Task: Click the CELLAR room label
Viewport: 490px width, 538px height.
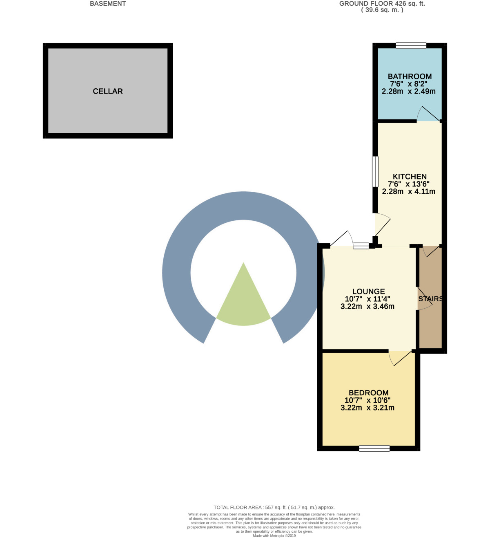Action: click(108, 91)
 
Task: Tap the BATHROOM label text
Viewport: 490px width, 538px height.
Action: click(410, 76)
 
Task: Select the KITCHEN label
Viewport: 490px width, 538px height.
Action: click(410, 177)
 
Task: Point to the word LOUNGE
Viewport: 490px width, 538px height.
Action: click(368, 291)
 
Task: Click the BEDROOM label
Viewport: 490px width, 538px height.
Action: click(368, 393)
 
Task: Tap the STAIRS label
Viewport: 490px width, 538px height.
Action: click(430, 299)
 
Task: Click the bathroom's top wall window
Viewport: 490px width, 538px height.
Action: click(411, 45)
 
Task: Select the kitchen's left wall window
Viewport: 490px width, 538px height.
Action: click(375, 172)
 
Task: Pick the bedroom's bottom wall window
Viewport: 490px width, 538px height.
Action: click(374, 448)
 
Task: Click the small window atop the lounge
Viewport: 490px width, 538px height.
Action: click(361, 246)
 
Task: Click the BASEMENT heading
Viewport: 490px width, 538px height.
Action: click(108, 4)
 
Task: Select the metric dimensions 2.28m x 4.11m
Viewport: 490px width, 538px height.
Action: click(408, 191)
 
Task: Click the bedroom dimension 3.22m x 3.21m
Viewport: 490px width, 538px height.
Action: click(367, 408)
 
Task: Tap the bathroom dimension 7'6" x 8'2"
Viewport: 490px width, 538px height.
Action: click(408, 84)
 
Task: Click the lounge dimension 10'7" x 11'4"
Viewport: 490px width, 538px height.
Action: click(367, 299)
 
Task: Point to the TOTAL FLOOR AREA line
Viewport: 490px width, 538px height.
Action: click(274, 507)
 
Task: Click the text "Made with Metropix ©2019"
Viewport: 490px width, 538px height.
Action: click(274, 536)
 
